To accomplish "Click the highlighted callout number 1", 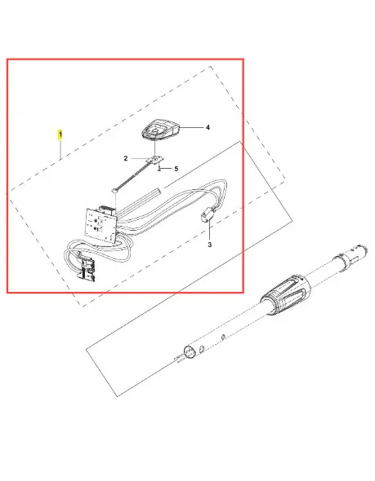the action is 60,135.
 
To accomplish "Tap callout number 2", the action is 126,159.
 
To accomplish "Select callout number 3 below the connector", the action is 210,245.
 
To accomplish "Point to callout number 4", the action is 208,127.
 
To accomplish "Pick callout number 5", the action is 176,169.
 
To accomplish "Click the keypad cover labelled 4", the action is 160,130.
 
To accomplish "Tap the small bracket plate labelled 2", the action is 157,160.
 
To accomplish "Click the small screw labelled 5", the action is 159,169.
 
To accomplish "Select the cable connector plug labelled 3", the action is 206,214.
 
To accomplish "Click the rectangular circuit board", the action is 100,225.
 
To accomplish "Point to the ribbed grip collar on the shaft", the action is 286,295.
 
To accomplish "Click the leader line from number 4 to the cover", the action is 192,127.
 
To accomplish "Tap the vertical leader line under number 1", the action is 60,149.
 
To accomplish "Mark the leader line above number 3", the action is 210,231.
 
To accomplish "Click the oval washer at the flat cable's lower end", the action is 115,191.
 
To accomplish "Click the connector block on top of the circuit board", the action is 107,210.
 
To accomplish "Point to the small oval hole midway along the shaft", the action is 223,338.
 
